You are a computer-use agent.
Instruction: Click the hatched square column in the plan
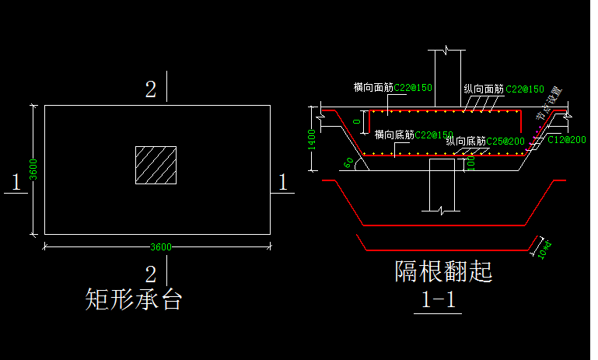click(156, 165)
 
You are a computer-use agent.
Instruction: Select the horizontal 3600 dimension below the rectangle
click(160, 247)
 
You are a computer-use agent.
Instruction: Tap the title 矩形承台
click(133, 299)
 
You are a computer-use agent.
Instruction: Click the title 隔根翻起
click(443, 271)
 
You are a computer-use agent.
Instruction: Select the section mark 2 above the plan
click(151, 89)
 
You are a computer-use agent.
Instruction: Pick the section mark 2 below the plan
click(151, 273)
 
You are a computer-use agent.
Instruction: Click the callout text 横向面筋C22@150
click(392, 88)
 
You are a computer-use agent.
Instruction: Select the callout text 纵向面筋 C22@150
click(503, 89)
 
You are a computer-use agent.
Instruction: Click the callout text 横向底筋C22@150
click(413, 135)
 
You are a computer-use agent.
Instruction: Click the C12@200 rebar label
click(566, 139)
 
